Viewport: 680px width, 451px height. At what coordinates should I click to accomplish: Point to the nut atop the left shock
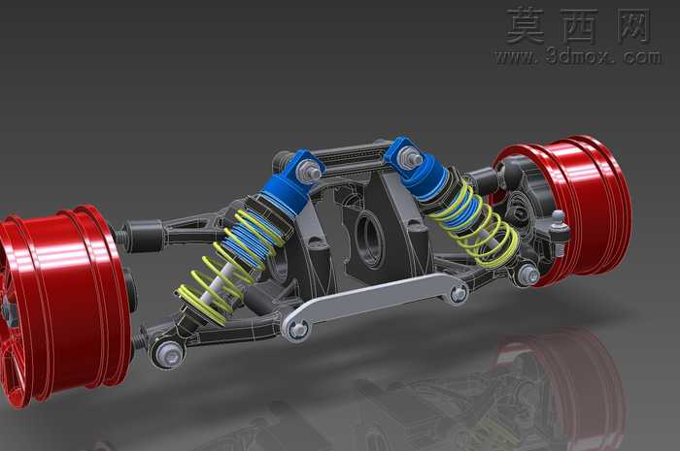pyautogui.click(x=308, y=169)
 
